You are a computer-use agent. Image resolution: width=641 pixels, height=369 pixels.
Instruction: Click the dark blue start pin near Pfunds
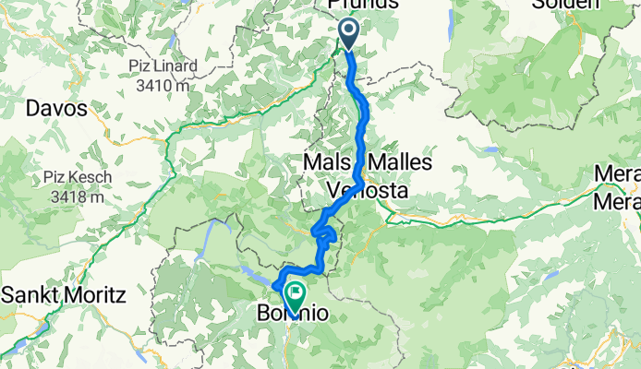point(349,34)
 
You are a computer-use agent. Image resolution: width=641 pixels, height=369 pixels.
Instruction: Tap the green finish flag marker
point(296,296)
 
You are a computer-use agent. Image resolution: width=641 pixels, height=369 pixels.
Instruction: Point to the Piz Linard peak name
point(163,66)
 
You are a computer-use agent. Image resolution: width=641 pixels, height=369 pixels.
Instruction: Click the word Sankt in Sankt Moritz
point(35,295)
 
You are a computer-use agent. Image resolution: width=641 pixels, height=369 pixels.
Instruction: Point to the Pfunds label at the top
point(363,4)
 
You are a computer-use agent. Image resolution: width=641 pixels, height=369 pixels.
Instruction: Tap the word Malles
point(398,162)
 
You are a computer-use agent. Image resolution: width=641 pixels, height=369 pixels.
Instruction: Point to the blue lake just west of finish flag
point(258,275)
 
